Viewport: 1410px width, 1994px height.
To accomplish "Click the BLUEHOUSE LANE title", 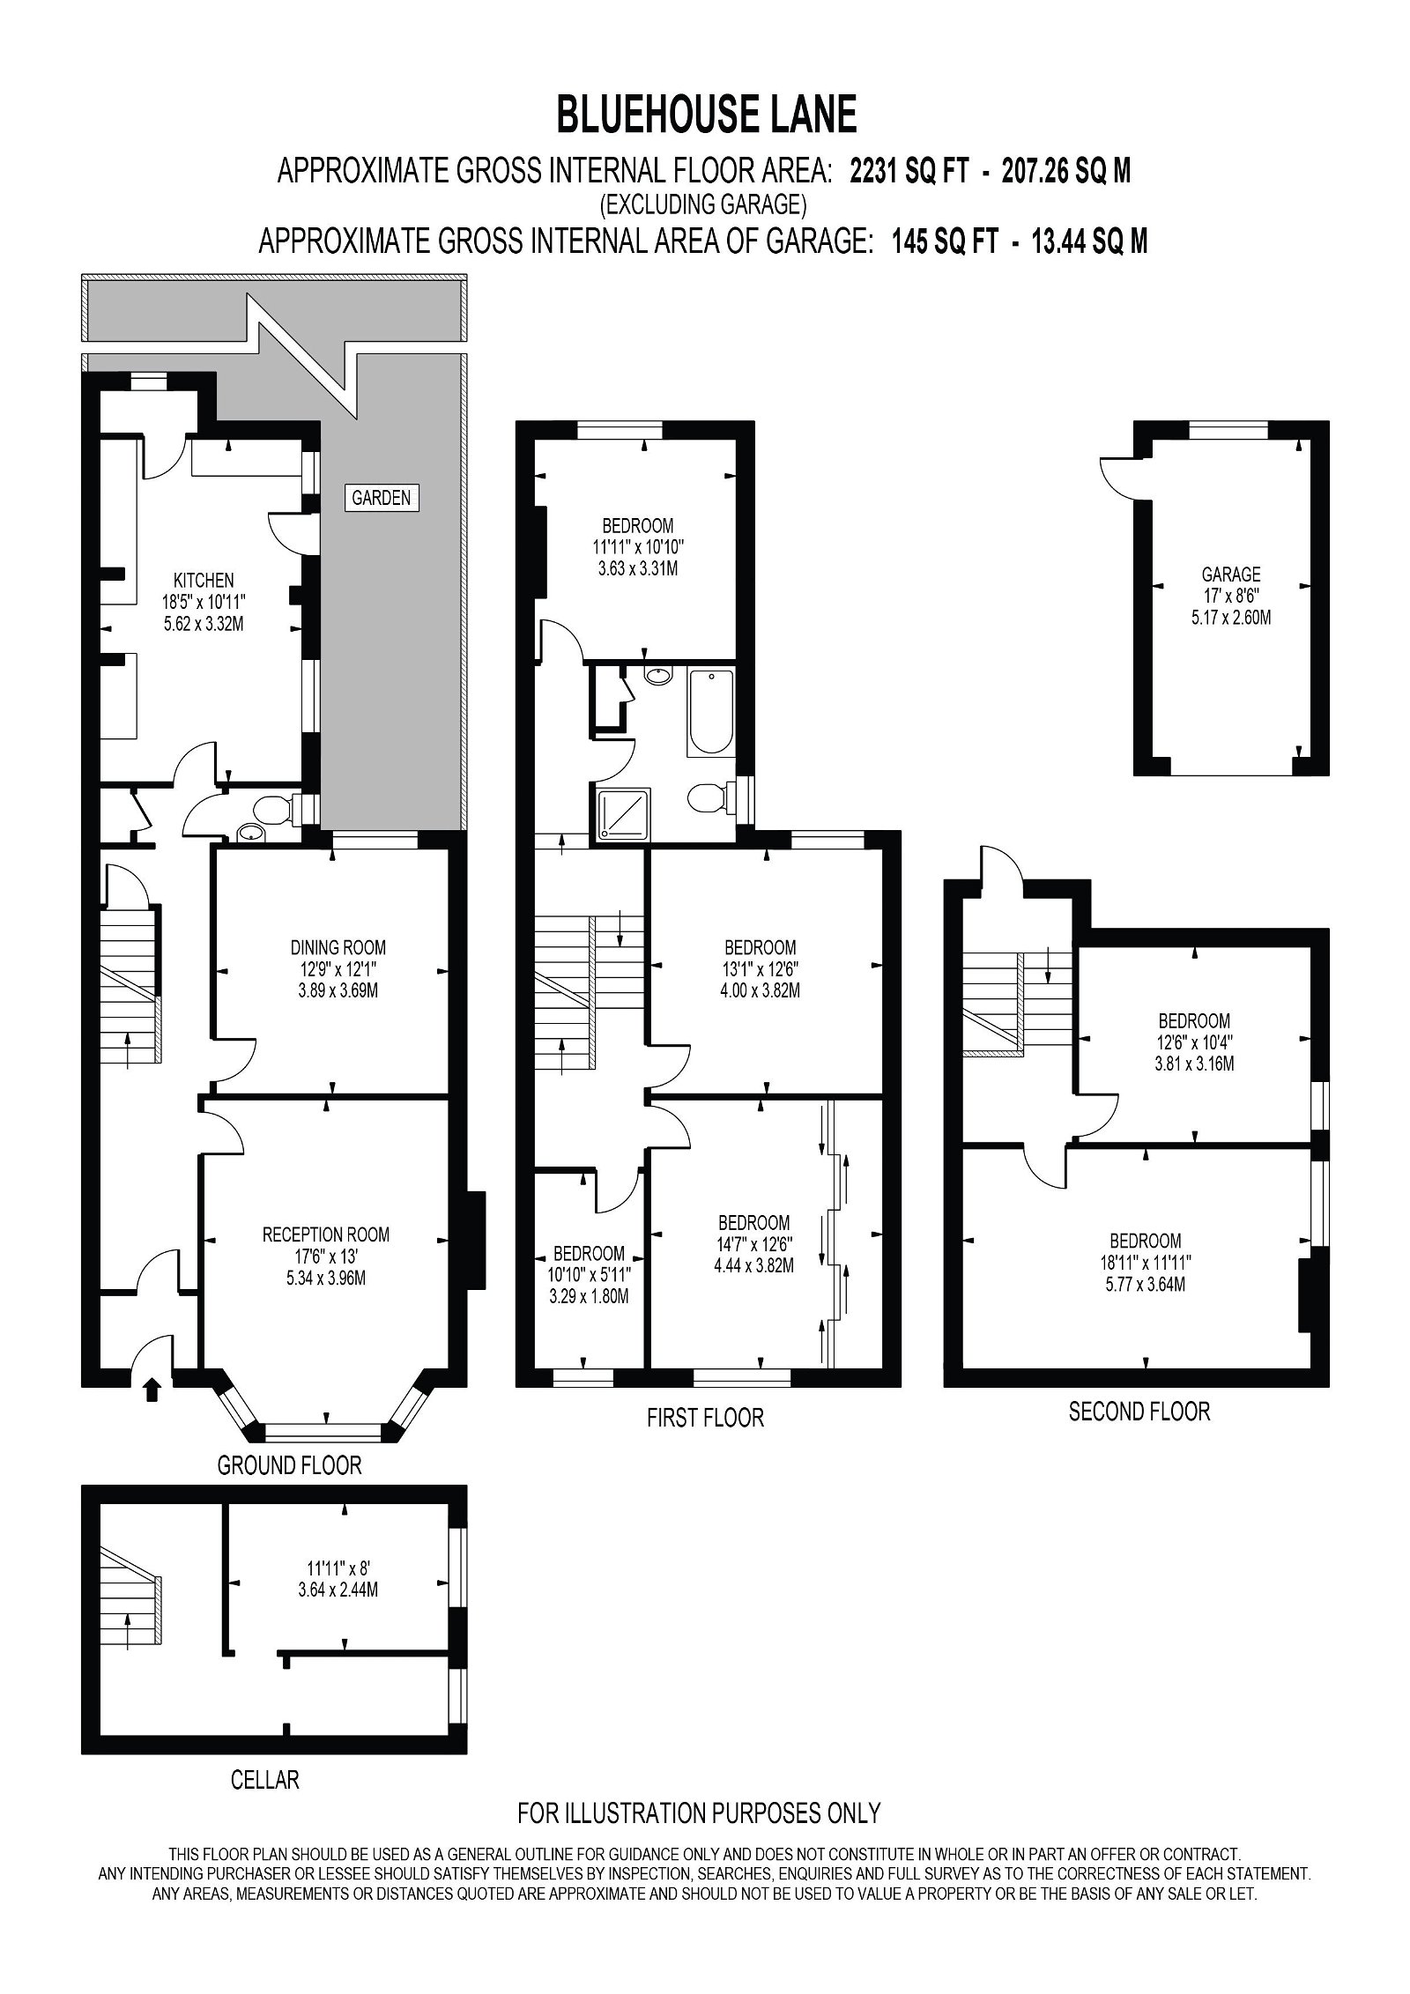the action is click(x=706, y=115).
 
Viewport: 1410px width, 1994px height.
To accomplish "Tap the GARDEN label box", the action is click(x=381, y=498).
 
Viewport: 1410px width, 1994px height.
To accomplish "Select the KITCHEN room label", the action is click(x=204, y=580).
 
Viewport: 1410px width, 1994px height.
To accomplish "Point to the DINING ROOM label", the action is click(x=338, y=948).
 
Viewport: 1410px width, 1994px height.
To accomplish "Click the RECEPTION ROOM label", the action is click(x=325, y=1235).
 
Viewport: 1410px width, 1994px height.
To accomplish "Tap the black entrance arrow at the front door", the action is click(x=152, y=1390).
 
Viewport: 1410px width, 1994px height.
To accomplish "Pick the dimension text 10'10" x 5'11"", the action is click(x=589, y=1274).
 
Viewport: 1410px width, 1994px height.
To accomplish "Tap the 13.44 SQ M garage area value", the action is click(x=1089, y=241).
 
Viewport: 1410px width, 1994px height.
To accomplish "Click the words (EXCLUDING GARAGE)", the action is click(x=703, y=204).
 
